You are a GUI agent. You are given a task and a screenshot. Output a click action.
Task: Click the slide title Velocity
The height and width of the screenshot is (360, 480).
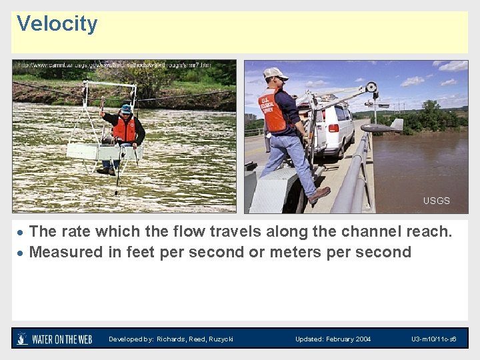[x=57, y=24]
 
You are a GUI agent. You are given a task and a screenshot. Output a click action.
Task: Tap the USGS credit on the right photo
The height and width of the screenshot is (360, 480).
[x=436, y=201]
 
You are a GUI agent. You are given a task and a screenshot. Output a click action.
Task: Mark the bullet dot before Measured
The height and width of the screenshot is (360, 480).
[x=21, y=253]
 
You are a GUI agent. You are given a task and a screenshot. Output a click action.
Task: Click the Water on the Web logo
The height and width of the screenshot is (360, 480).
[x=55, y=339]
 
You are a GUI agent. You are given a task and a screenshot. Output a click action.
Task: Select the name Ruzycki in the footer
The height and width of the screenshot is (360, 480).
[x=220, y=339]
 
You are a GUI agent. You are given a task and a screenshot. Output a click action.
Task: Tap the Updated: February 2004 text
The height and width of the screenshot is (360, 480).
[x=333, y=339]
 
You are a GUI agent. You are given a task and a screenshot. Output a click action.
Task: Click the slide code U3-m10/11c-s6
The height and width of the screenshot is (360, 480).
[x=433, y=339]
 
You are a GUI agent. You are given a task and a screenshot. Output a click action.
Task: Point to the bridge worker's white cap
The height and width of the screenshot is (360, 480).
[x=274, y=73]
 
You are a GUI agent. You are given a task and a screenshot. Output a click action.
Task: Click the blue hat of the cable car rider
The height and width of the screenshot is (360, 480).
[x=126, y=108]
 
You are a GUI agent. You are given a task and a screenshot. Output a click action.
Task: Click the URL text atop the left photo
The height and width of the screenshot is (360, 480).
[x=113, y=65]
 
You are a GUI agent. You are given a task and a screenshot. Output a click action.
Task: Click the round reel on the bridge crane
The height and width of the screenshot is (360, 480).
[x=371, y=87]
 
